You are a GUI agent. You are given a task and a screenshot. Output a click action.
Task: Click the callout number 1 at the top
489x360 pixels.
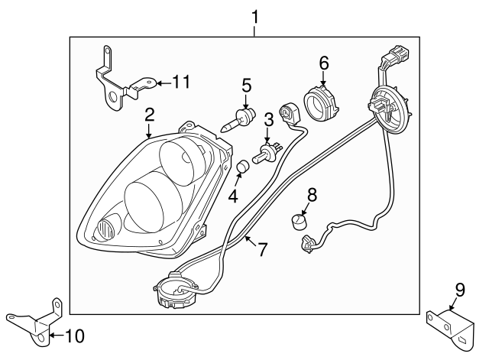(256, 15)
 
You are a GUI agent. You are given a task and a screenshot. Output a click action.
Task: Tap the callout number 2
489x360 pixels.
(150, 115)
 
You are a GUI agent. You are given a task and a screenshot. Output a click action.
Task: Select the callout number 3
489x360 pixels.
(268, 119)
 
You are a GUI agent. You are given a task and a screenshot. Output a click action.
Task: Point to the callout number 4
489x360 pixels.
(233, 195)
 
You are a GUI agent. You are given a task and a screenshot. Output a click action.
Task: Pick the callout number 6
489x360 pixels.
(323, 63)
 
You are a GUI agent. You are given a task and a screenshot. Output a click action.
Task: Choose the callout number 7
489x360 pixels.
(261, 249)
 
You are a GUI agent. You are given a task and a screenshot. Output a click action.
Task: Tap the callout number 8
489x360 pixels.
(311, 194)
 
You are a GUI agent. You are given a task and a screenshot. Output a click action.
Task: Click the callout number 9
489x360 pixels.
(459, 289)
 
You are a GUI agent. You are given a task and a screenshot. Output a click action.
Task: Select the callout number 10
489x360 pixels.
(76, 335)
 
